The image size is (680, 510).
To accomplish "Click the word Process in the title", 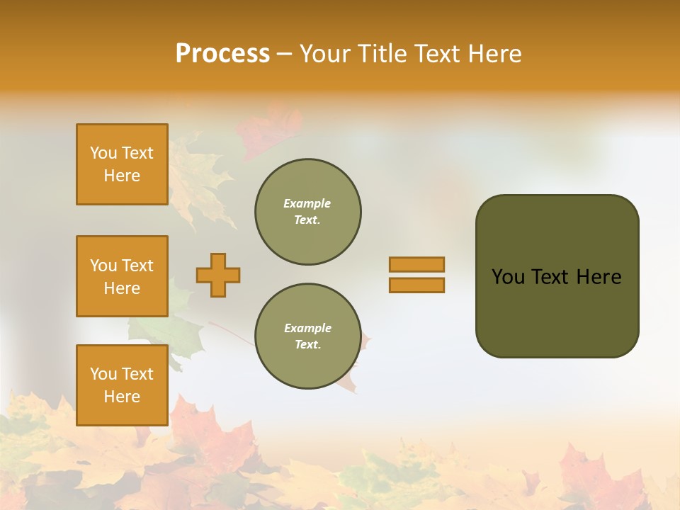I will coord(222,54).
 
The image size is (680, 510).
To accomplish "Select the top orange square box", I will coord(122,164).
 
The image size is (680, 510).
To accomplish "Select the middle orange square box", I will coord(122,276).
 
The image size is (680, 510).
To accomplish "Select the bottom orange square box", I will coord(122,385).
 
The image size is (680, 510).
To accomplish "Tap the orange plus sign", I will coord(218,275).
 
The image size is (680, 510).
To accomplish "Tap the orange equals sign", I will coord(416,275).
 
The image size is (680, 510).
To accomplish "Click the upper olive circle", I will coord(308,212).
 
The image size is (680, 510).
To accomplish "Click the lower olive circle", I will coord(308,336).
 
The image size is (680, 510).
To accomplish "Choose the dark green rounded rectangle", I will coord(557,276).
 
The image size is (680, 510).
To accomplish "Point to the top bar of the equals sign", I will coord(416,265).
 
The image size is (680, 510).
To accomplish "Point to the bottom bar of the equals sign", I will coord(416,285).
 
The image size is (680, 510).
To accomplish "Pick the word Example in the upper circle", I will coord(307,203).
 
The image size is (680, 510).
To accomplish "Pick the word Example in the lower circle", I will coord(307,328).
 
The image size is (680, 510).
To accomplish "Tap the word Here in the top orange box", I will coord(122,176).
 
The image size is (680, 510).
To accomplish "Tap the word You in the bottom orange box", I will coord(103,373).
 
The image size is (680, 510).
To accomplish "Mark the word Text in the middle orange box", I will coord(137,266).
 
